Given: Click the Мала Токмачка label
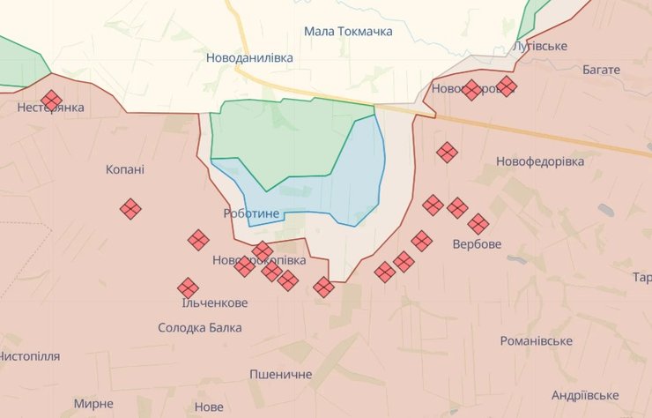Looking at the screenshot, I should point(348,31).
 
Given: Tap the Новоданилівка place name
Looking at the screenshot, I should point(249,57).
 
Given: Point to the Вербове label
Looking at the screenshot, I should point(477,243).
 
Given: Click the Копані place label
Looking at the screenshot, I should point(125,169).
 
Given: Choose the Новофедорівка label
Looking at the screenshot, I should point(540,162).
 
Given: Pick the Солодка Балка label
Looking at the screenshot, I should point(200,328).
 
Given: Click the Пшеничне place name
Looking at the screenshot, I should point(280,375).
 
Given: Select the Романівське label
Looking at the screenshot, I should point(536,341).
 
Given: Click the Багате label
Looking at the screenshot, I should point(601,69).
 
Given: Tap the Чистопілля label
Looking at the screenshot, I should point(29,356).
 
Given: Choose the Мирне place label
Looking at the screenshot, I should point(93,404).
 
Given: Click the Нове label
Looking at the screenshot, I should point(209,407).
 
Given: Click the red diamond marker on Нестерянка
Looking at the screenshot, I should point(51,101).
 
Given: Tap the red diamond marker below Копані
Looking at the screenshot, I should point(130,209).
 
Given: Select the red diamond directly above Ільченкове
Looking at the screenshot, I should point(188,287).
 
